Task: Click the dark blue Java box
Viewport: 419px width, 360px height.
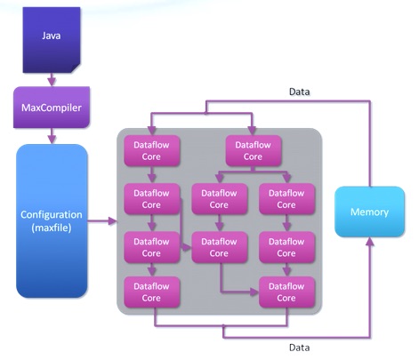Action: pyautogui.click(x=52, y=40)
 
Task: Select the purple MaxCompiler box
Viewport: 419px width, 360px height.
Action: pyautogui.click(x=52, y=108)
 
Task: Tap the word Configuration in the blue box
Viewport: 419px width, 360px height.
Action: pyautogui.click(x=52, y=214)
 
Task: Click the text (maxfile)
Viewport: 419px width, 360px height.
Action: pyautogui.click(x=52, y=228)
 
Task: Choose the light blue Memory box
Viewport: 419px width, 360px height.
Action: pyautogui.click(x=369, y=212)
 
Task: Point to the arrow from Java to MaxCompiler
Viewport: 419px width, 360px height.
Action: pyautogui.click(x=52, y=79)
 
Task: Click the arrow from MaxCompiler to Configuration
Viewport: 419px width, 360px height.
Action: pyautogui.click(x=52, y=136)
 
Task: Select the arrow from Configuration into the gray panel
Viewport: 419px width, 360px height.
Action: pyautogui.click(x=102, y=221)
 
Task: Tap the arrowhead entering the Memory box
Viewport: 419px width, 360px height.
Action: pyautogui.click(x=369, y=242)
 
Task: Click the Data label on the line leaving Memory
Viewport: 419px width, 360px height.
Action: pyautogui.click(x=300, y=92)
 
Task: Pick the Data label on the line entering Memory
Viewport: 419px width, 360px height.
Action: pyautogui.click(x=300, y=348)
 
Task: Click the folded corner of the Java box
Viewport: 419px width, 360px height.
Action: pyautogui.click(x=77, y=68)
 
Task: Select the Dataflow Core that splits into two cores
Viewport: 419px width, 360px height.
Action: pyautogui.click(x=253, y=151)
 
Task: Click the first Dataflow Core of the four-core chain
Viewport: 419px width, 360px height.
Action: pyautogui.click(x=151, y=151)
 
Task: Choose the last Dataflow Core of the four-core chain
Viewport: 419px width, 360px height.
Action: pyautogui.click(x=151, y=292)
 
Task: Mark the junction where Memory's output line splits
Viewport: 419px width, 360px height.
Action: pyautogui.click(x=206, y=113)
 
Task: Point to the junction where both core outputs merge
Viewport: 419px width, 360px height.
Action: pyautogui.click(x=223, y=326)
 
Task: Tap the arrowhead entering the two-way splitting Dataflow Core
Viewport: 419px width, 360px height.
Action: pyautogui.click(x=252, y=131)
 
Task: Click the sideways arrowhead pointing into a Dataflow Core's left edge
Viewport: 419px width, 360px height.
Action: pyautogui.click(x=187, y=247)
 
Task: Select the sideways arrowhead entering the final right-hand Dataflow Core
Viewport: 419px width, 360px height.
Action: pyautogui.click(x=254, y=292)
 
